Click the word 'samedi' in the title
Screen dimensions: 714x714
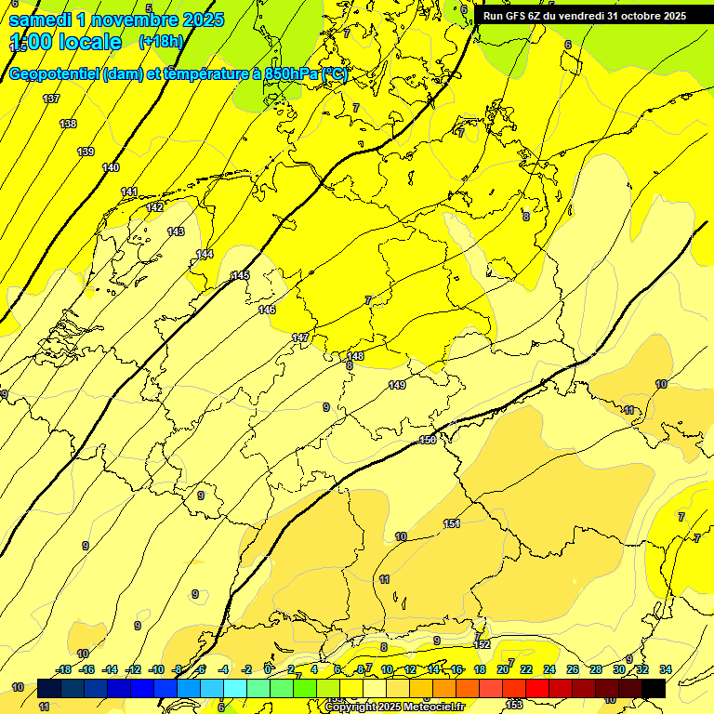39,20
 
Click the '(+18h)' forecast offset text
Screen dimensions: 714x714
161,42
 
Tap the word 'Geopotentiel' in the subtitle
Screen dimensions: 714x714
53,74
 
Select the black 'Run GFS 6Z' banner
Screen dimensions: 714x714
584,15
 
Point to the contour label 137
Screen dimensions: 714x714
51,99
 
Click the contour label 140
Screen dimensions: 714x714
111,167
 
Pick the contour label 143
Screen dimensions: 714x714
176,231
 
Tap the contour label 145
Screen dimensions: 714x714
241,275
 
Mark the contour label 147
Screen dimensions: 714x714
300,337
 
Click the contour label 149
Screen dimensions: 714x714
397,385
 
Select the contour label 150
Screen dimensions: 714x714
428,440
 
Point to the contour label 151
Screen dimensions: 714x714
452,524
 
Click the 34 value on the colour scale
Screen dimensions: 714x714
665,669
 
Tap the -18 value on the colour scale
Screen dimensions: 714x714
64,669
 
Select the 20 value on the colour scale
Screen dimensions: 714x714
503,669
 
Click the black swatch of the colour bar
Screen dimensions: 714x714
653,688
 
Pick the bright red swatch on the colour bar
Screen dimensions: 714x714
536,688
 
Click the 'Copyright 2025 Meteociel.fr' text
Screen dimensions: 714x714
395,707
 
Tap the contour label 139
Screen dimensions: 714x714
86,152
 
